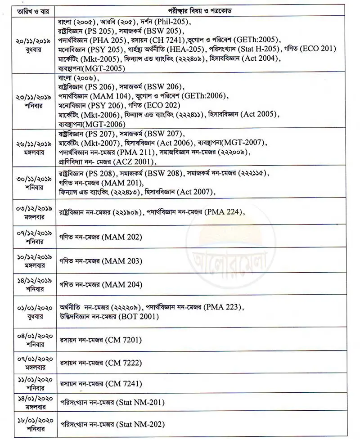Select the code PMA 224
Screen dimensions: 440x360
pyautogui.click(x=224, y=211)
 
